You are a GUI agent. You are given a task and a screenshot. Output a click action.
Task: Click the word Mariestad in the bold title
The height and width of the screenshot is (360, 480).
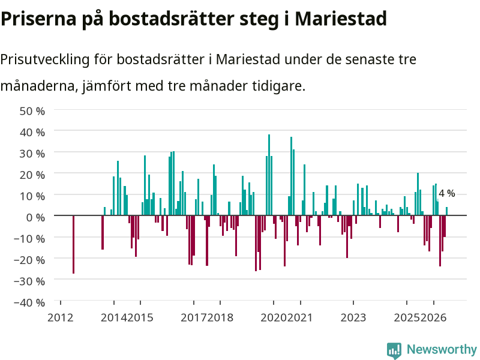pyautogui.click(x=341, y=19)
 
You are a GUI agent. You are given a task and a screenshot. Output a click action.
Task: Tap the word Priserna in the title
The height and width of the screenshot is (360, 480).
pyautogui.click(x=38, y=19)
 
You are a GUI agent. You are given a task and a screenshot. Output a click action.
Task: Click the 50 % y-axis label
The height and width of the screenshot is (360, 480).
pyautogui.click(x=32, y=111)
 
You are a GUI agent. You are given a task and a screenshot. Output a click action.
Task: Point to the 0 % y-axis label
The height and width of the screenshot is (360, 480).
pyautogui.click(x=35, y=217)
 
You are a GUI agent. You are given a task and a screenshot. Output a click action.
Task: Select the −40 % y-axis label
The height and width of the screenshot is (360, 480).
pyautogui.click(x=29, y=302)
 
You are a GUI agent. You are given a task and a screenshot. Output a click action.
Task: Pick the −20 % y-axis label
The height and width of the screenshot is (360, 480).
pyautogui.click(x=29, y=260)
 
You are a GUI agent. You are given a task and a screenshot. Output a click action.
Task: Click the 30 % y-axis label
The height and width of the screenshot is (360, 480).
pyautogui.click(x=32, y=154)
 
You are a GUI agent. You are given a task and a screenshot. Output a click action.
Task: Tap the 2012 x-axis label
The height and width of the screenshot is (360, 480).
pyautogui.click(x=61, y=317)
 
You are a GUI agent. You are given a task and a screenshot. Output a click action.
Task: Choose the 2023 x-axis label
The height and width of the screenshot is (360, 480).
pyautogui.click(x=353, y=317)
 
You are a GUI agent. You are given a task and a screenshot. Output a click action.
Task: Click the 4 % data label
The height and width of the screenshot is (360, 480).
pyautogui.click(x=446, y=193)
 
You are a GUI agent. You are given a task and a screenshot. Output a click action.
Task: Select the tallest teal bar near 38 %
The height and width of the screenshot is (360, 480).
pyautogui.click(x=269, y=175)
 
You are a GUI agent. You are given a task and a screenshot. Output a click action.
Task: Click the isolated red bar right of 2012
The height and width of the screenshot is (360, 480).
pyautogui.click(x=73, y=244)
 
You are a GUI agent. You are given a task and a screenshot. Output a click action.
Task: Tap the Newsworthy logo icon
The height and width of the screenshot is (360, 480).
pyautogui.click(x=394, y=350)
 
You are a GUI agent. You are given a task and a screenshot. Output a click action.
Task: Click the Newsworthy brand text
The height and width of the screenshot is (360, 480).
pyautogui.click(x=442, y=349)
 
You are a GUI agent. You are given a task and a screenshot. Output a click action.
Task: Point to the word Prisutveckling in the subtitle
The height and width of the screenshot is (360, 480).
pyautogui.click(x=45, y=59)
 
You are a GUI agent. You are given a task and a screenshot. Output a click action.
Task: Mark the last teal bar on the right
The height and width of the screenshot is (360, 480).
pyautogui.click(x=446, y=211)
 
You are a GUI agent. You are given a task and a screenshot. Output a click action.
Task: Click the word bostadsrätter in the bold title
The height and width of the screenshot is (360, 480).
pyautogui.click(x=172, y=19)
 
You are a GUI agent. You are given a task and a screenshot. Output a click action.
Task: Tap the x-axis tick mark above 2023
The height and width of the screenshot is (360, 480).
pyautogui.click(x=353, y=303)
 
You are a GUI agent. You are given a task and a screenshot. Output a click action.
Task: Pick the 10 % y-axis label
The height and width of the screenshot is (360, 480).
pyautogui.click(x=32, y=196)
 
